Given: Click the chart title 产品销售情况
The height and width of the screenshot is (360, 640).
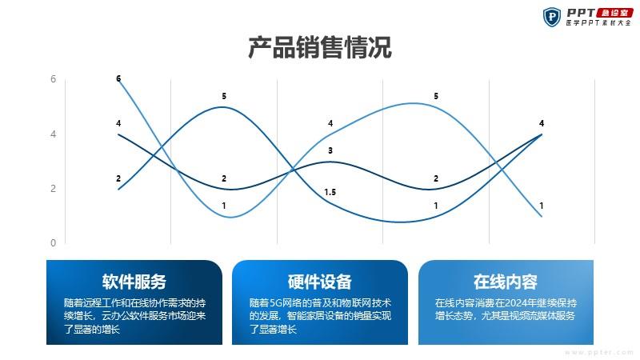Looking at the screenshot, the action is tap(320, 47).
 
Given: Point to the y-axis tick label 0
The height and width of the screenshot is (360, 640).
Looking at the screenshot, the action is tap(53, 243).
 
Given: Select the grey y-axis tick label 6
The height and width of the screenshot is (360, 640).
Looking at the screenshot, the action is tap(53, 78).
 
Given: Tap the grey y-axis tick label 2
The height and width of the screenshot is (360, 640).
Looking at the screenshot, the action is tap(53, 189).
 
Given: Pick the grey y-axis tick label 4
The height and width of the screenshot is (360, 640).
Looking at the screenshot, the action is tap(53, 134).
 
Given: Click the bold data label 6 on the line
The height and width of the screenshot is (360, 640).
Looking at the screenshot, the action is tap(118, 78).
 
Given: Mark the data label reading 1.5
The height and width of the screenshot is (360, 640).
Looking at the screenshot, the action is tap(330, 192).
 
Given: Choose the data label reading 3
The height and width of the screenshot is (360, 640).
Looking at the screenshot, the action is tap(330, 150).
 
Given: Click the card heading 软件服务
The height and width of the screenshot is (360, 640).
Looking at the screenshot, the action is tap(134, 282).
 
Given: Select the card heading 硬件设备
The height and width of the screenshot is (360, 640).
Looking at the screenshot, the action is tap(319, 282).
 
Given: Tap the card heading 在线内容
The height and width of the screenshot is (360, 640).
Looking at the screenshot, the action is tap(506, 282).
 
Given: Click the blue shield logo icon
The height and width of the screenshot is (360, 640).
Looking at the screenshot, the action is tap(552, 17).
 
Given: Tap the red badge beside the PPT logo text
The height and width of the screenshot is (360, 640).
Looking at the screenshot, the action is tap(614, 13).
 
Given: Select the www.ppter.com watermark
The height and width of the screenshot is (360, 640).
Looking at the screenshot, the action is tap(599, 352).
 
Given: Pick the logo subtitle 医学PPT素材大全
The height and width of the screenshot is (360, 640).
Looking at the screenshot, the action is tap(598, 23).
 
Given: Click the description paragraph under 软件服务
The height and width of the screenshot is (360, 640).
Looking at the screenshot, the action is tap(134, 316).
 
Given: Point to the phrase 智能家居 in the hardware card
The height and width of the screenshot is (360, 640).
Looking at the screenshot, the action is tap(302, 315).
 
